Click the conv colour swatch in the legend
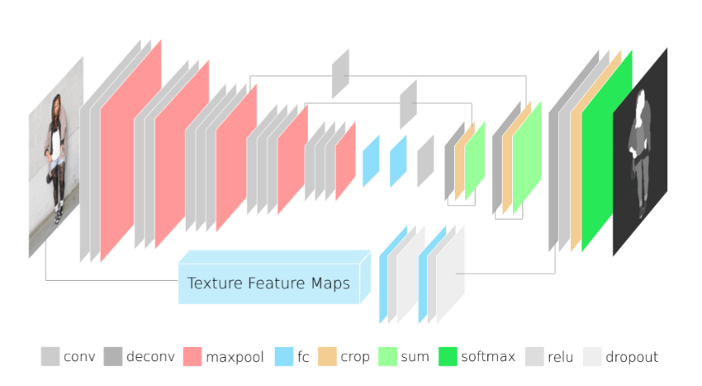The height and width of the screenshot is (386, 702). pyautogui.click(x=50, y=356)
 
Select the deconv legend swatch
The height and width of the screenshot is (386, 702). pyautogui.click(x=113, y=356)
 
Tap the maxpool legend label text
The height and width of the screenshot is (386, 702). pyautogui.click(x=235, y=357)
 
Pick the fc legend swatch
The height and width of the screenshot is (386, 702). pyautogui.click(x=284, y=356)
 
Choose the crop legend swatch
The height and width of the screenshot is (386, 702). pyautogui.click(x=327, y=356)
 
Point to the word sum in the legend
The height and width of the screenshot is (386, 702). pyautogui.click(x=415, y=357)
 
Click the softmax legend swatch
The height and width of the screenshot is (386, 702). pyautogui.click(x=448, y=356)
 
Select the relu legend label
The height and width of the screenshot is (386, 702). pyautogui.click(x=560, y=357)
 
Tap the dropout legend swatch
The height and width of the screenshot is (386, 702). pyautogui.click(x=592, y=356)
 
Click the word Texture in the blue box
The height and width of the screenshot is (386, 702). pyautogui.click(x=215, y=284)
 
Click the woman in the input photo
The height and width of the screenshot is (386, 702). pyautogui.click(x=55, y=157)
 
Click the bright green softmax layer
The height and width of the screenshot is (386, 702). pyautogui.click(x=605, y=150)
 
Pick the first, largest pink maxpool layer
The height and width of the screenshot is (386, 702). pyautogui.click(x=130, y=150)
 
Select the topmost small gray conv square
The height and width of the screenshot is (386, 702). pyautogui.click(x=340, y=74)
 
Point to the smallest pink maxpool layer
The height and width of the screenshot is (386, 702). pyautogui.click(x=345, y=161)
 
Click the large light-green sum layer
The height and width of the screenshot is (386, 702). pyautogui.click(x=527, y=157)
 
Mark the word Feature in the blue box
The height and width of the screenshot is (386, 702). pyautogui.click(x=276, y=284)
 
